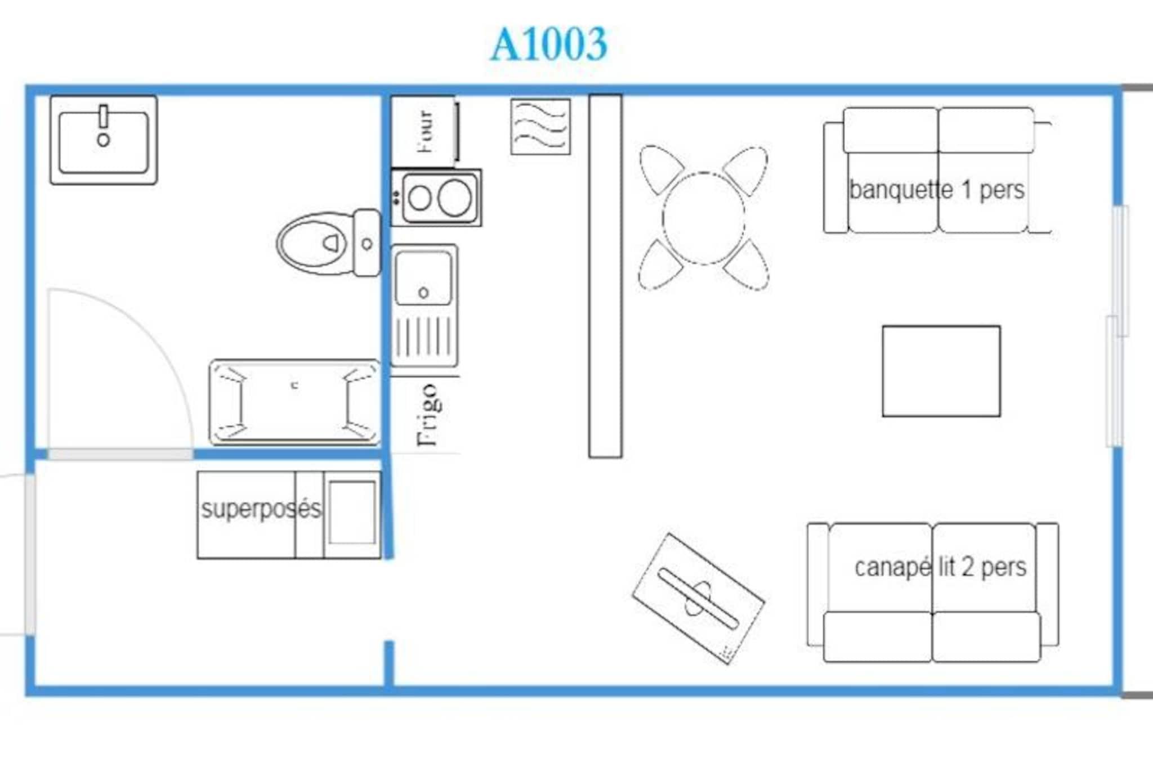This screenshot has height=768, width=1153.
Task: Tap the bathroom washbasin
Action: [104, 140]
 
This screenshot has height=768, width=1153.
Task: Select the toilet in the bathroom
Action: [329, 243]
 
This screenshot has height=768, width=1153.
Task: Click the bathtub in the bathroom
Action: [294, 402]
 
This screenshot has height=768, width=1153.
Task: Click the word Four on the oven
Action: [426, 132]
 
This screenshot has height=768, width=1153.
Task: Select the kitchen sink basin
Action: [423, 277]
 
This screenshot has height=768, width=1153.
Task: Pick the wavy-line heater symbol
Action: [540, 126]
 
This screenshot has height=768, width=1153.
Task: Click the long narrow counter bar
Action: [605, 276]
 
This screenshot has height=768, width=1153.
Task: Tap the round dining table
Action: [703, 218]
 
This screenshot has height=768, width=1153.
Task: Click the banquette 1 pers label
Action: [937, 190]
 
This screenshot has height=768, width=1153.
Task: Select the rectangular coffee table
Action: [941, 371]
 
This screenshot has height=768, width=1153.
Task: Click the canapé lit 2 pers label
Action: [940, 567]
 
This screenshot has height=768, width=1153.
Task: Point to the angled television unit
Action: [698, 599]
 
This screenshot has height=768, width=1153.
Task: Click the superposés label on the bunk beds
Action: [261, 510]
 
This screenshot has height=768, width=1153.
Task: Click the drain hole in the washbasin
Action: [103, 140]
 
